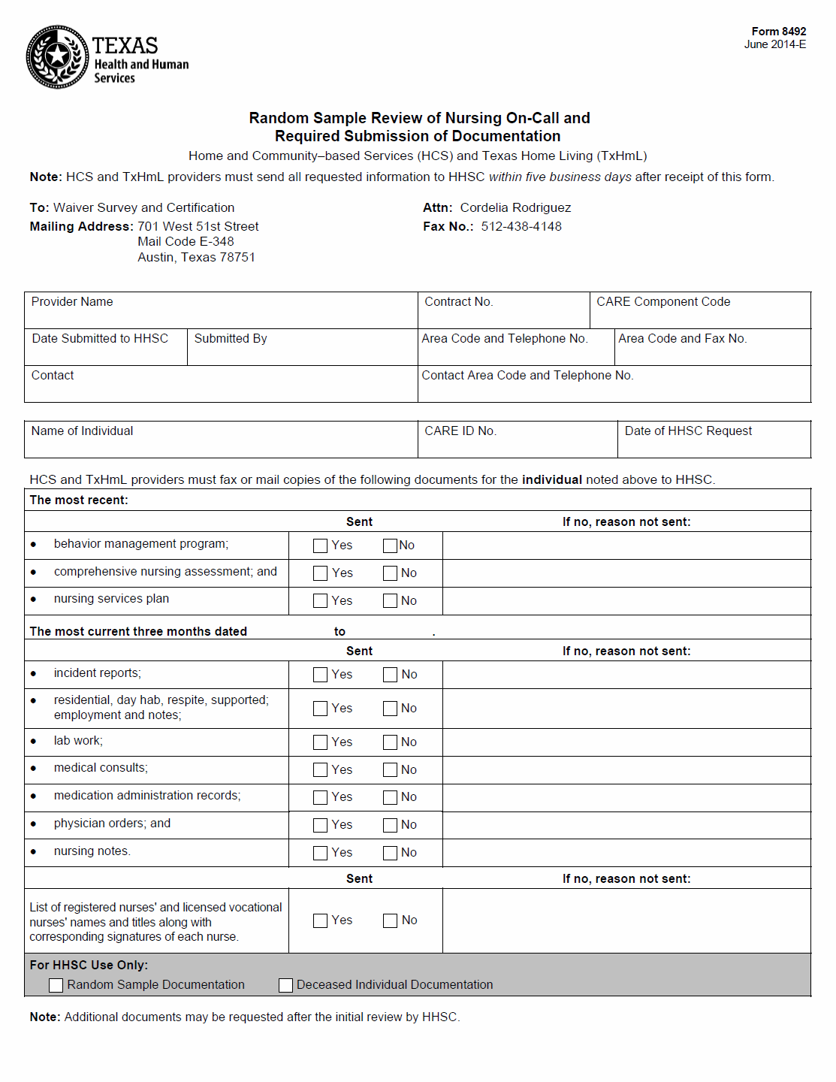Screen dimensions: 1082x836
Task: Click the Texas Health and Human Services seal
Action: (x=57, y=57)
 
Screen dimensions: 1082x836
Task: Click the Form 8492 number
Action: (x=778, y=32)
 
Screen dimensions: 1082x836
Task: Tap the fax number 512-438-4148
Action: (x=521, y=227)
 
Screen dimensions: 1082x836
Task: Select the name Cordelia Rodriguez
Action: (x=515, y=208)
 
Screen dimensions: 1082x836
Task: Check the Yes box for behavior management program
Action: (x=321, y=546)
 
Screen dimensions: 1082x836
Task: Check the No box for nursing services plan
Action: (x=391, y=601)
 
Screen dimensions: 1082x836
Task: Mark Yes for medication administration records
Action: (x=321, y=798)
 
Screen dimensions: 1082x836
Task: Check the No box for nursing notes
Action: (x=391, y=854)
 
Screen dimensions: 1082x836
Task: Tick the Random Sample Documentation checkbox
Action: (x=56, y=986)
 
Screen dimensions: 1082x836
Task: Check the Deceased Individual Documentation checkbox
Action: (x=286, y=986)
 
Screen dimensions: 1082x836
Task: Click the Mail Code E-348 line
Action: (x=186, y=242)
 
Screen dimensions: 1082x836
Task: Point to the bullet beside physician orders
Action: (x=34, y=824)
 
